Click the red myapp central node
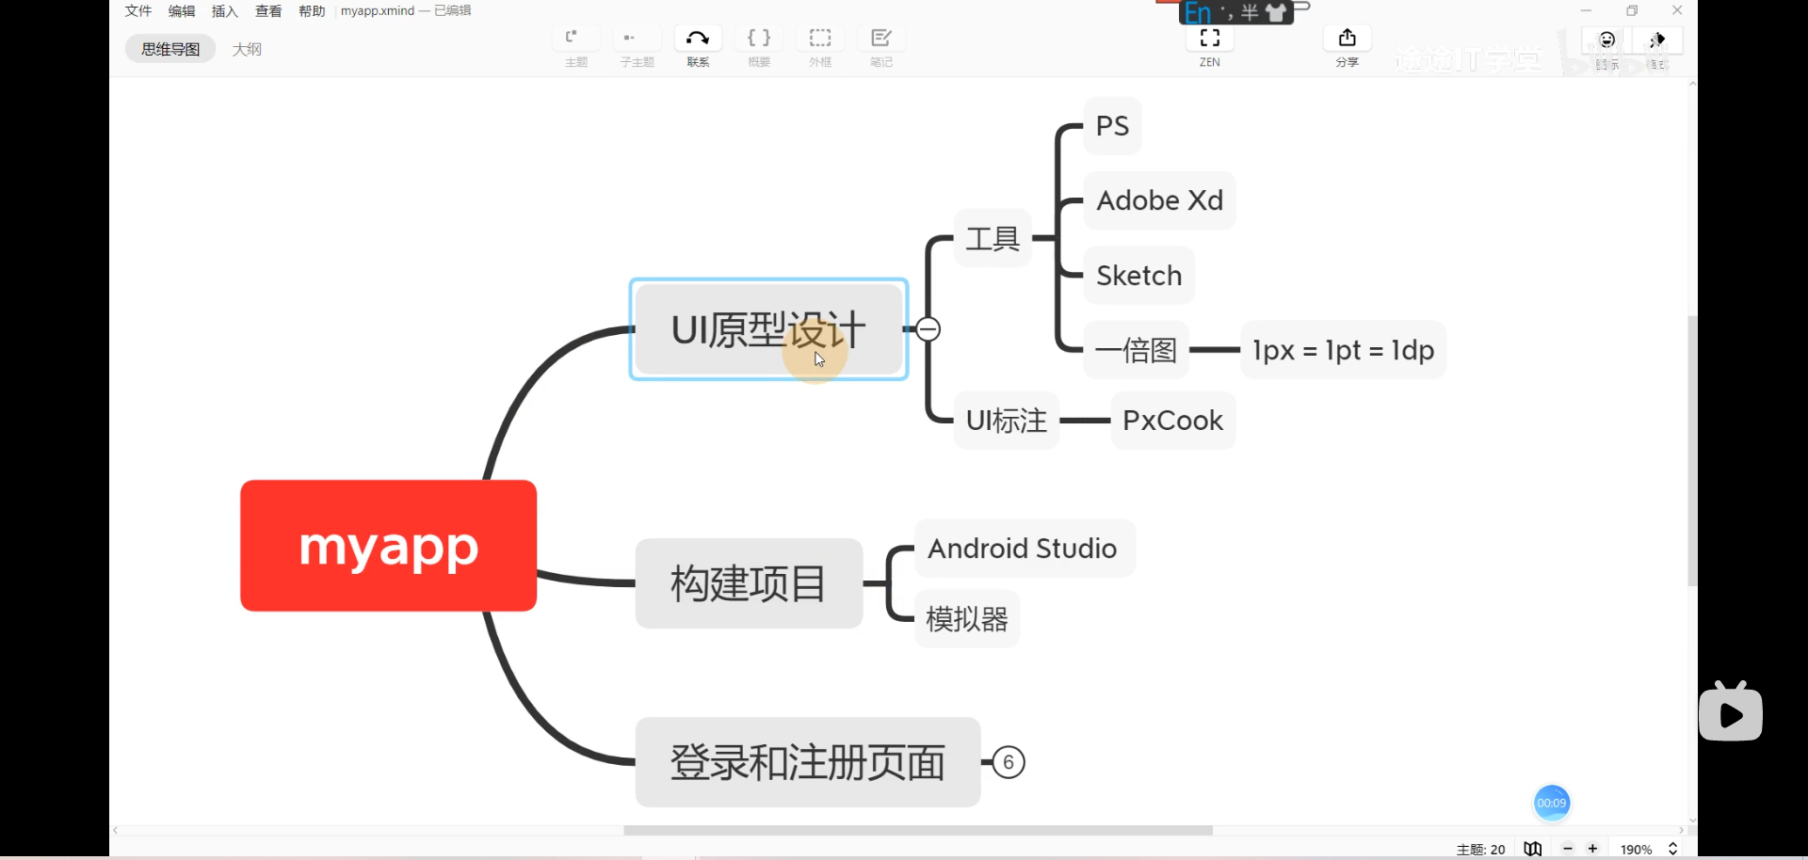(388, 546)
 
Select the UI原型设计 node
(768, 329)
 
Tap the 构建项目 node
(749, 583)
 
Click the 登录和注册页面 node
(807, 762)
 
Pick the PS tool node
(1112, 126)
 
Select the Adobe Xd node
(1159, 200)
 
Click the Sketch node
(1138, 276)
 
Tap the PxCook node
(1172, 421)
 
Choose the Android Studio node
(1023, 549)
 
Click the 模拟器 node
(967, 619)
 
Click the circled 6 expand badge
(1009, 762)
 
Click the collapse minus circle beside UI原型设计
(928, 329)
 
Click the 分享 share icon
(1348, 39)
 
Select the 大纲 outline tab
(247, 49)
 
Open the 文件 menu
(138, 11)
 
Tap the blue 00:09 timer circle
(1551, 803)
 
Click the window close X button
(1677, 10)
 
